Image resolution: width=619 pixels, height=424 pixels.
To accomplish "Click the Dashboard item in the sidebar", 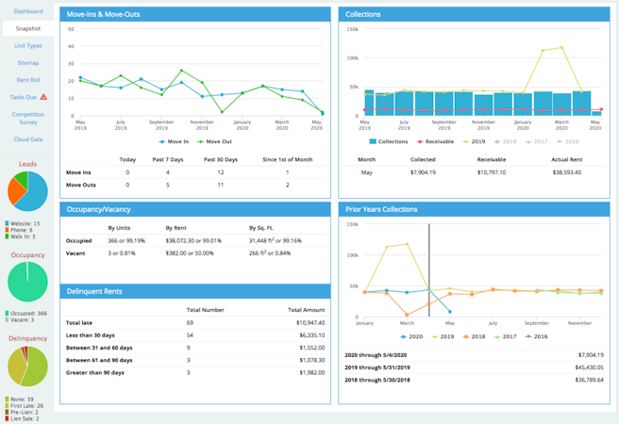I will pos(28,11).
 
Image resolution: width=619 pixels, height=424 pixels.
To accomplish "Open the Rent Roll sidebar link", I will pos(28,80).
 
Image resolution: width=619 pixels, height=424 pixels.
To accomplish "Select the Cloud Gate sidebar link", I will pos(28,139).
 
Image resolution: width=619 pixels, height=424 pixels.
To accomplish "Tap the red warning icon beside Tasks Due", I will pos(43,97).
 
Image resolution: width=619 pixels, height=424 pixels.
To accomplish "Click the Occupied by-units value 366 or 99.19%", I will pos(127,240).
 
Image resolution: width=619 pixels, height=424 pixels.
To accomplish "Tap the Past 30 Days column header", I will pos(220,160).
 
